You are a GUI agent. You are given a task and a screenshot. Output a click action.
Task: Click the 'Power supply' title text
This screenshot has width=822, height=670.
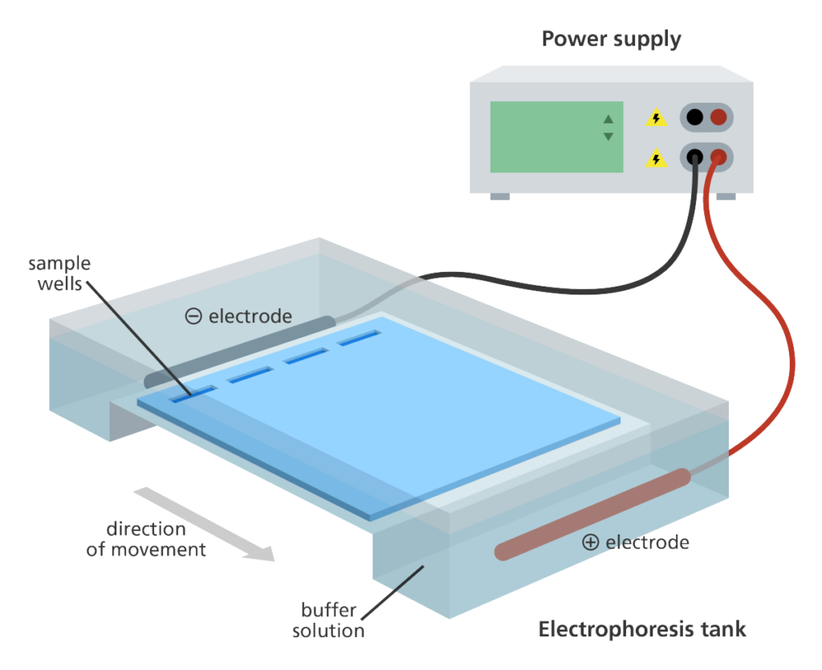tap(612, 39)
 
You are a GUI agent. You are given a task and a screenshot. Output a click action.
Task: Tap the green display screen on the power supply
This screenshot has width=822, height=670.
tap(556, 137)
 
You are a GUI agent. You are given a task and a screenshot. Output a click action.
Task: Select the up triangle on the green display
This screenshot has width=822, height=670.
tap(608, 120)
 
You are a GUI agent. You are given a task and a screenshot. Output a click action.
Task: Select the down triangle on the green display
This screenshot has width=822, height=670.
tap(608, 136)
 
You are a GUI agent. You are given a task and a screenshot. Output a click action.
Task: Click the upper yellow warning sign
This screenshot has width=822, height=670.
tap(656, 119)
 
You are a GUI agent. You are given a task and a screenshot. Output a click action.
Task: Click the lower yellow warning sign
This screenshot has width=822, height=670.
tap(656, 159)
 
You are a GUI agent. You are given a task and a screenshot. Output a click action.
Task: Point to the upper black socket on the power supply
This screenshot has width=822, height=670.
tap(695, 118)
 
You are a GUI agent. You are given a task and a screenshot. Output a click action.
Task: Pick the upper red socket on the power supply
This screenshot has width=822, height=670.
tap(718, 118)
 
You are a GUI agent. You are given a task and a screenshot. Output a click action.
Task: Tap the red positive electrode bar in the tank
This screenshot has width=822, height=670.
tap(592, 514)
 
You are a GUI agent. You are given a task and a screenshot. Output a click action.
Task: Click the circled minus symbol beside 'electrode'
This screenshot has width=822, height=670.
tap(193, 316)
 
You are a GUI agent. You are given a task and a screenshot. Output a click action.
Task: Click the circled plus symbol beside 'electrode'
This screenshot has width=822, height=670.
tap(590, 542)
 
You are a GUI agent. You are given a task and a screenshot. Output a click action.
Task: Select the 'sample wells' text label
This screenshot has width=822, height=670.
tap(59, 273)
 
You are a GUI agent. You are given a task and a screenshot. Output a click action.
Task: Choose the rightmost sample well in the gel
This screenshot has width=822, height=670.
tap(358, 339)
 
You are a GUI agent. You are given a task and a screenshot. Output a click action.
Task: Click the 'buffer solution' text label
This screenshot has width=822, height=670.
tap(328, 620)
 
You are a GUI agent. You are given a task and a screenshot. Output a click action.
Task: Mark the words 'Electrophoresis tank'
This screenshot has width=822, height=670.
tap(642, 628)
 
